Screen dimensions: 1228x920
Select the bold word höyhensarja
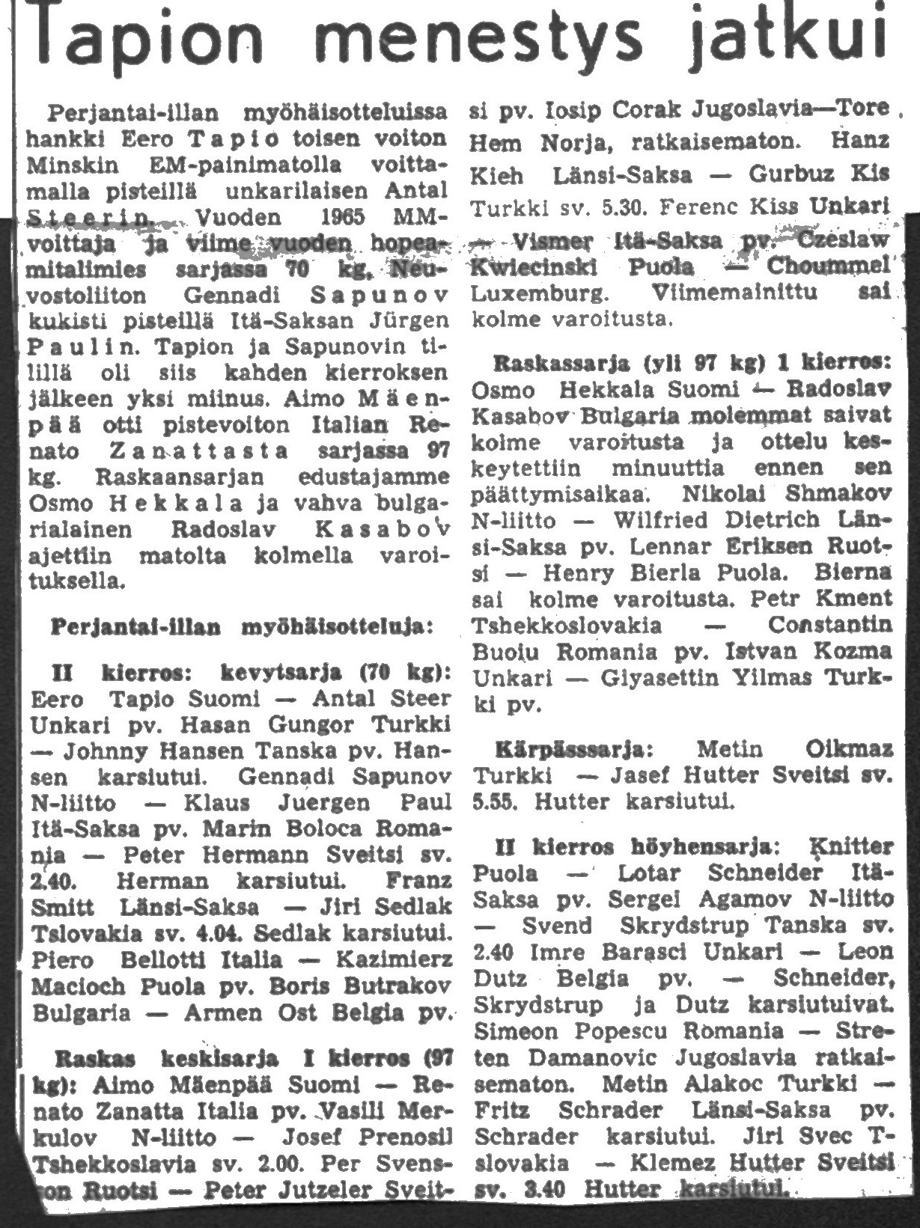(x=702, y=847)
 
